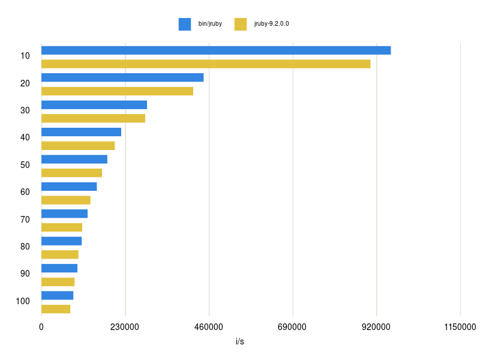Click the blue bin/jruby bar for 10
pos(216,50)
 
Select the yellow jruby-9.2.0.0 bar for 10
pos(206,64)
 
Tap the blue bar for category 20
pos(122,77)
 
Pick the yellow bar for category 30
pos(93,118)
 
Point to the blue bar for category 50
pos(74,159)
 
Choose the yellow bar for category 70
pos(62,227)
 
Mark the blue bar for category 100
pos(57,295)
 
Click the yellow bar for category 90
pos(58,282)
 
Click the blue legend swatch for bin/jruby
pos(184,24)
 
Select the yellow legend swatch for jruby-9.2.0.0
pos(241,24)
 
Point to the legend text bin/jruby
pos(210,24)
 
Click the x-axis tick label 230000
pos(125,327)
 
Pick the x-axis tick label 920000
pos(376,327)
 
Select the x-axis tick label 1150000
pos(460,327)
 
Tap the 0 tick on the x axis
pos(41,327)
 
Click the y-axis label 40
pos(25,137)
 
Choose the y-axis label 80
pos(25,247)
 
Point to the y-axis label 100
pos(23,301)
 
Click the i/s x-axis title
pos(240,341)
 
